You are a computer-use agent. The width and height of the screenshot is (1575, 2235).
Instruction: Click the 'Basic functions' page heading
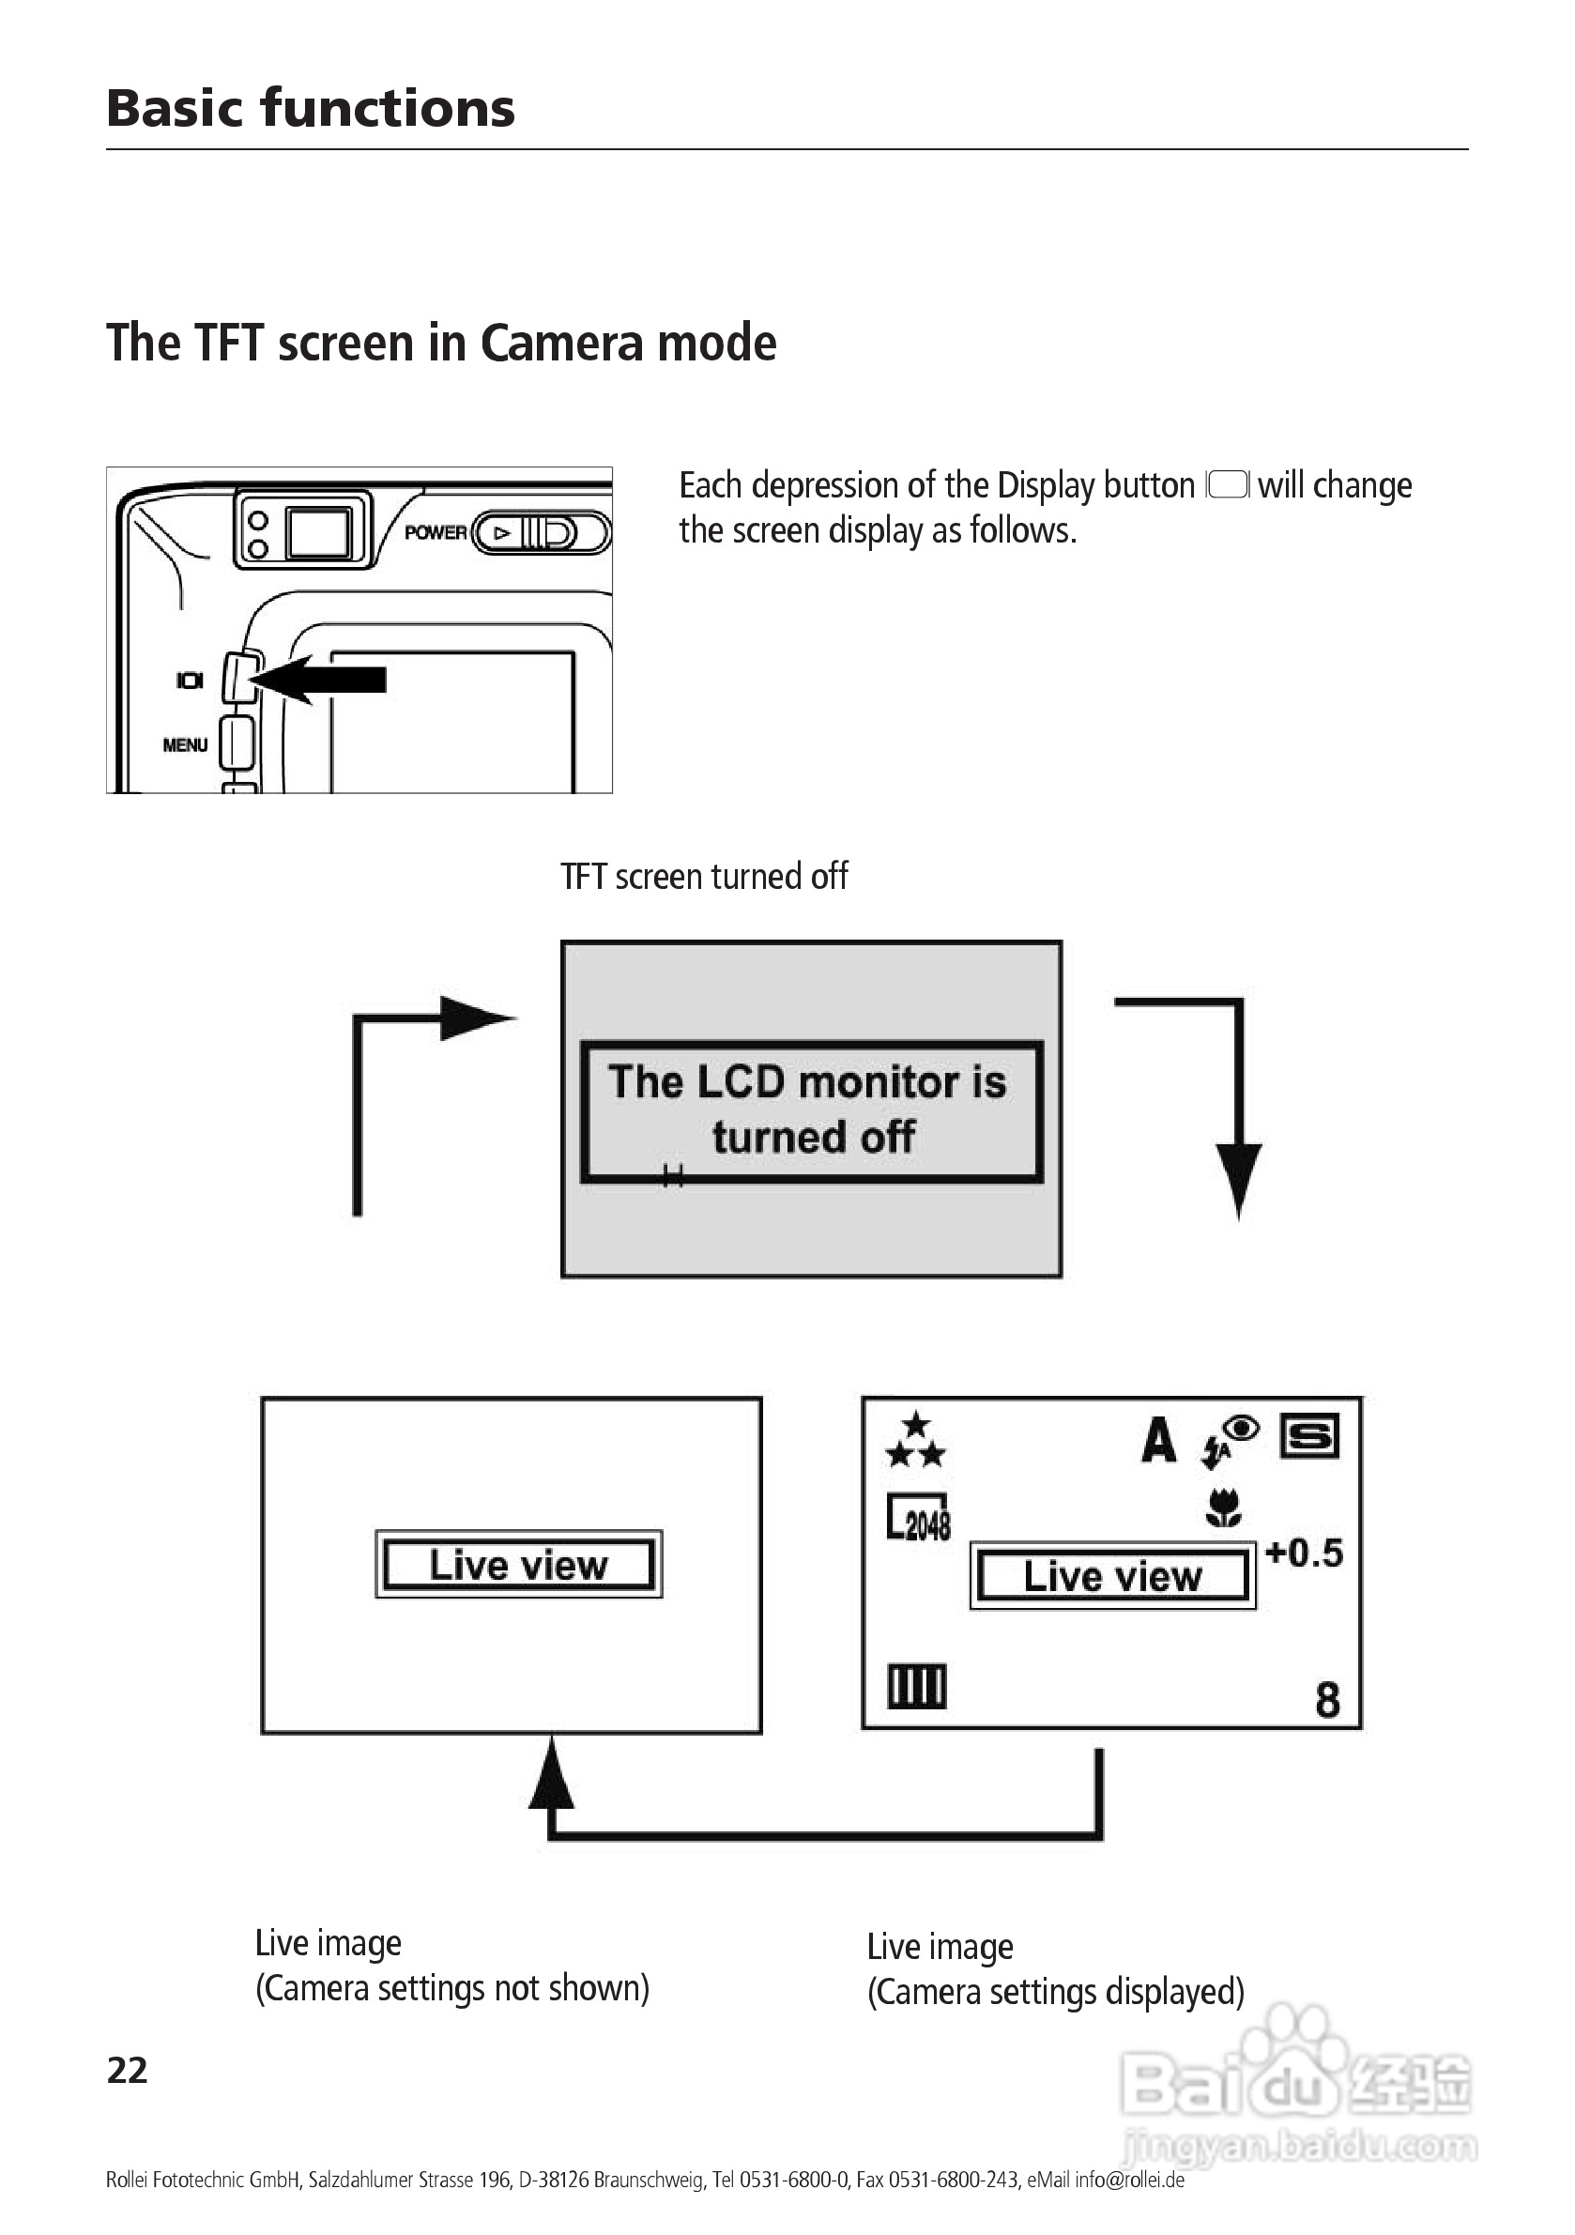310,107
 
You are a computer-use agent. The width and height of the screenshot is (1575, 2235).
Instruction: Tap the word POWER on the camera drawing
436,532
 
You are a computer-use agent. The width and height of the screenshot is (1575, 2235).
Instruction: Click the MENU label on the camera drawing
185,744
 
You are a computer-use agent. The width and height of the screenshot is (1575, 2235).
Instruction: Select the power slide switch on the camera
541,532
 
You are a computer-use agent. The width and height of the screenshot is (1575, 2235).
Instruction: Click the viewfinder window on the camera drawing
318,530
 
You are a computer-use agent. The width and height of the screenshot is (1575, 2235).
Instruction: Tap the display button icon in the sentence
1228,484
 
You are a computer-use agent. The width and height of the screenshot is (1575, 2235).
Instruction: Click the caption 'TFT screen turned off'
704,876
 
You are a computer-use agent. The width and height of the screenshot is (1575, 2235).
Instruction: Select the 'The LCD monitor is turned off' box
811,1110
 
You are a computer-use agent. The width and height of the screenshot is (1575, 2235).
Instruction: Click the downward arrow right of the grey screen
1237,1178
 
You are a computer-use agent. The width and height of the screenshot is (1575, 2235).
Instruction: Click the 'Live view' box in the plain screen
518,1564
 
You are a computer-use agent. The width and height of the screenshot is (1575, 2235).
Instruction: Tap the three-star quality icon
915,1442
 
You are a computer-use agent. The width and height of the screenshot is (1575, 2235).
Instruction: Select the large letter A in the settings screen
1158,1440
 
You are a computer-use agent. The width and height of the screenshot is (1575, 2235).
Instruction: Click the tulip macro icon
1224,1507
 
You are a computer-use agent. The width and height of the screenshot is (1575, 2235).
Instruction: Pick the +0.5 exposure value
1304,1553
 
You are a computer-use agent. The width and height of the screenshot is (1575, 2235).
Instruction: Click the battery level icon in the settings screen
916,1687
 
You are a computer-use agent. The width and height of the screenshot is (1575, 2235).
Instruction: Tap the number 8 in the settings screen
1327,1701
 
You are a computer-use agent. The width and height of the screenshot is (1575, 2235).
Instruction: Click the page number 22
127,2071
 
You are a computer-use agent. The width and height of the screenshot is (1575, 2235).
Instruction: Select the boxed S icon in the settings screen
1309,1437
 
